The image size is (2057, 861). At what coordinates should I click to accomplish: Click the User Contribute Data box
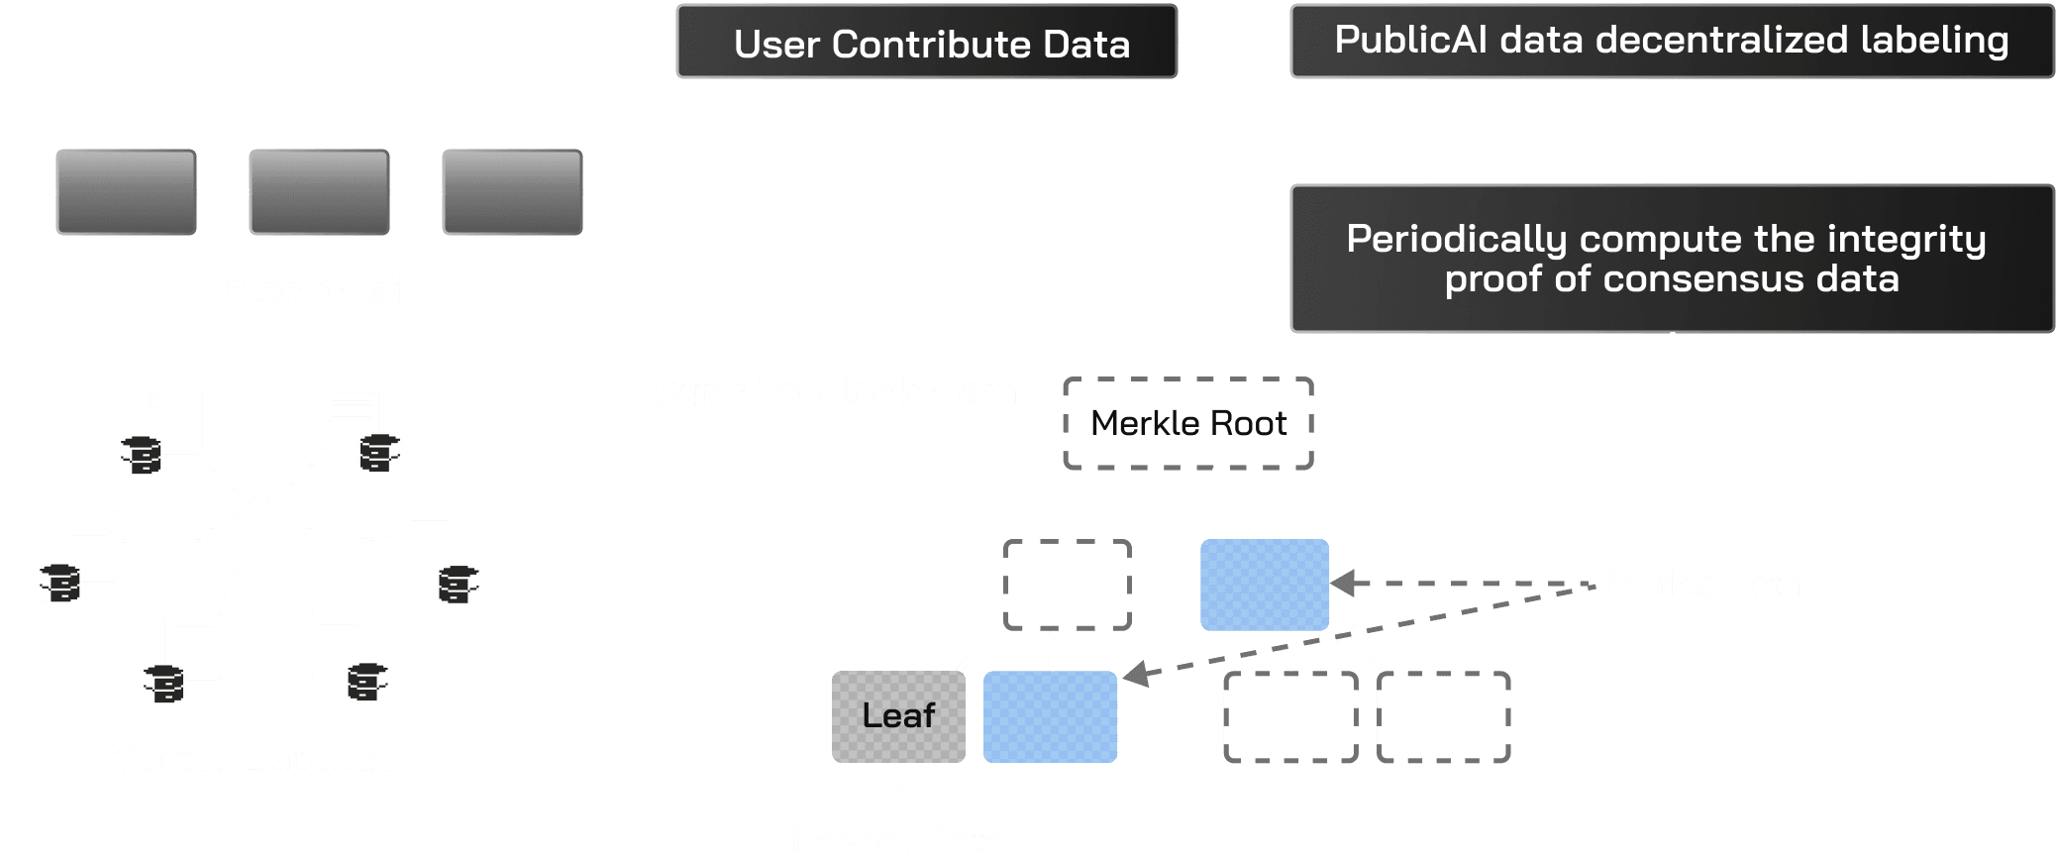(x=926, y=43)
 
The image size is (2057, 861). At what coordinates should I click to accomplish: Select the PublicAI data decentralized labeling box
(x=1671, y=41)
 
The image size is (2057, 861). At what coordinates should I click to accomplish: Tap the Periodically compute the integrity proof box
(x=1671, y=259)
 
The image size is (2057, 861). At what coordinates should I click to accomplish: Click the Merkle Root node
(x=1187, y=424)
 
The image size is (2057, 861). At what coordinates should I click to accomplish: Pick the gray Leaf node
(x=898, y=716)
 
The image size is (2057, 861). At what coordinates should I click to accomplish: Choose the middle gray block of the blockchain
(x=318, y=191)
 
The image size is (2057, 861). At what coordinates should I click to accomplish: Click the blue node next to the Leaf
(x=1050, y=716)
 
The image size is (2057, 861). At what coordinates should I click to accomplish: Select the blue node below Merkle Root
(x=1264, y=585)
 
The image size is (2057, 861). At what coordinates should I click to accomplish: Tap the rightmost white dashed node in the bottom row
(x=1443, y=716)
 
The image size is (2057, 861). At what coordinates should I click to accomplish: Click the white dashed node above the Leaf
(x=1067, y=585)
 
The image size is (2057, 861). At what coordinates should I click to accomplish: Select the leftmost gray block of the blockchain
(x=126, y=191)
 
